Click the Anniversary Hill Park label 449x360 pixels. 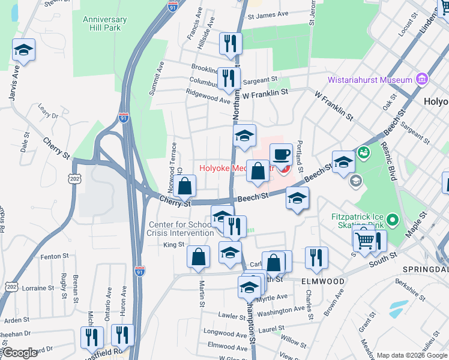click(106, 23)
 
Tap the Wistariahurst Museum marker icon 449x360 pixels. click(421, 80)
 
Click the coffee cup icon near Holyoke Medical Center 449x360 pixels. click(281, 155)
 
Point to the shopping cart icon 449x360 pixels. click(364, 239)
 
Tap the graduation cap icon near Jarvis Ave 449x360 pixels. click(23, 50)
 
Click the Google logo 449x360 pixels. click(20, 353)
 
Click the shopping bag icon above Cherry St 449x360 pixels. click(185, 187)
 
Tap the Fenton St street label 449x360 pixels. click(55, 257)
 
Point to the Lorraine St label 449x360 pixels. click(38, 288)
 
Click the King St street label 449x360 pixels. click(173, 245)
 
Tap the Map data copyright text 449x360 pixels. click(411, 355)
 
